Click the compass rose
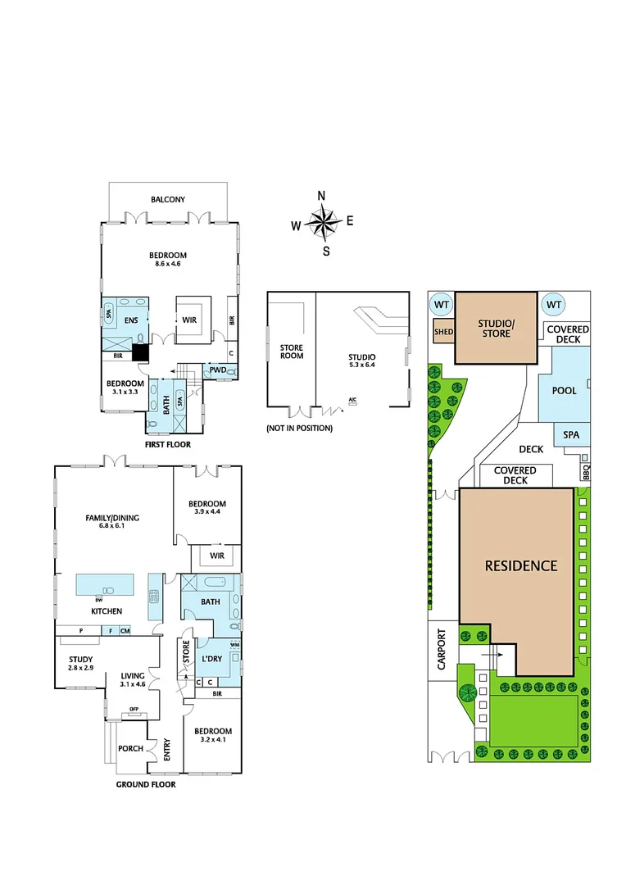(x=325, y=222)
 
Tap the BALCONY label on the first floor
(x=167, y=199)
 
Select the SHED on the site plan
(x=443, y=332)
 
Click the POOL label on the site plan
(x=564, y=390)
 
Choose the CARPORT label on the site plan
(x=442, y=650)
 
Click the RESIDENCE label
(x=520, y=565)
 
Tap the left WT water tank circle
(x=442, y=305)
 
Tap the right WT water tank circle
(x=555, y=305)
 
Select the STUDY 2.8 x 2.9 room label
(x=80, y=664)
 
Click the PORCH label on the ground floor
(x=131, y=748)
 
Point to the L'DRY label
(x=212, y=659)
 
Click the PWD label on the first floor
(x=217, y=370)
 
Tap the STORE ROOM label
(x=292, y=352)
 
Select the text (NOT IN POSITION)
(x=299, y=429)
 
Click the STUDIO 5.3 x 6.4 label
(x=361, y=361)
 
